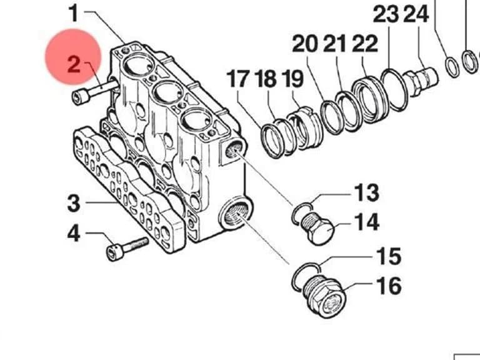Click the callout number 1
[x=74, y=13]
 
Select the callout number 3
[x=74, y=203]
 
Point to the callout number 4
[x=74, y=234]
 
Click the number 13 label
[x=366, y=193]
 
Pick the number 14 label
[x=367, y=222]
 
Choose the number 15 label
[x=389, y=256]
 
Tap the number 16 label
[x=389, y=286]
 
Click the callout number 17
[x=238, y=79]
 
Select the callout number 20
[x=305, y=44]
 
